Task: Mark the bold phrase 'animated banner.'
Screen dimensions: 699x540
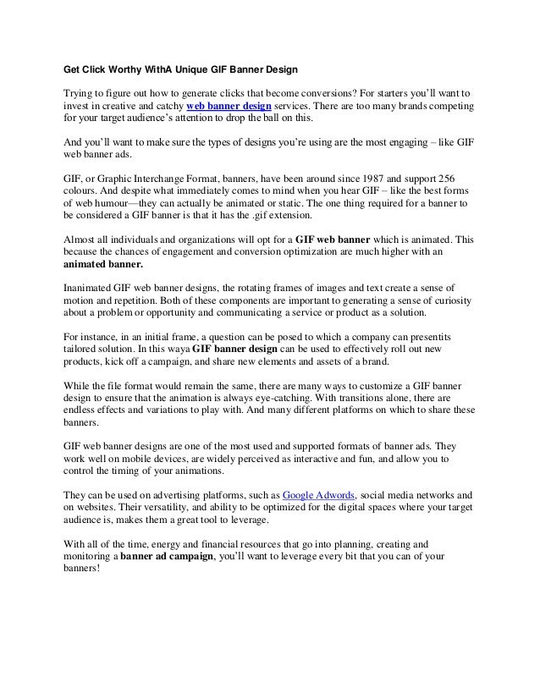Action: (x=100, y=261)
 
